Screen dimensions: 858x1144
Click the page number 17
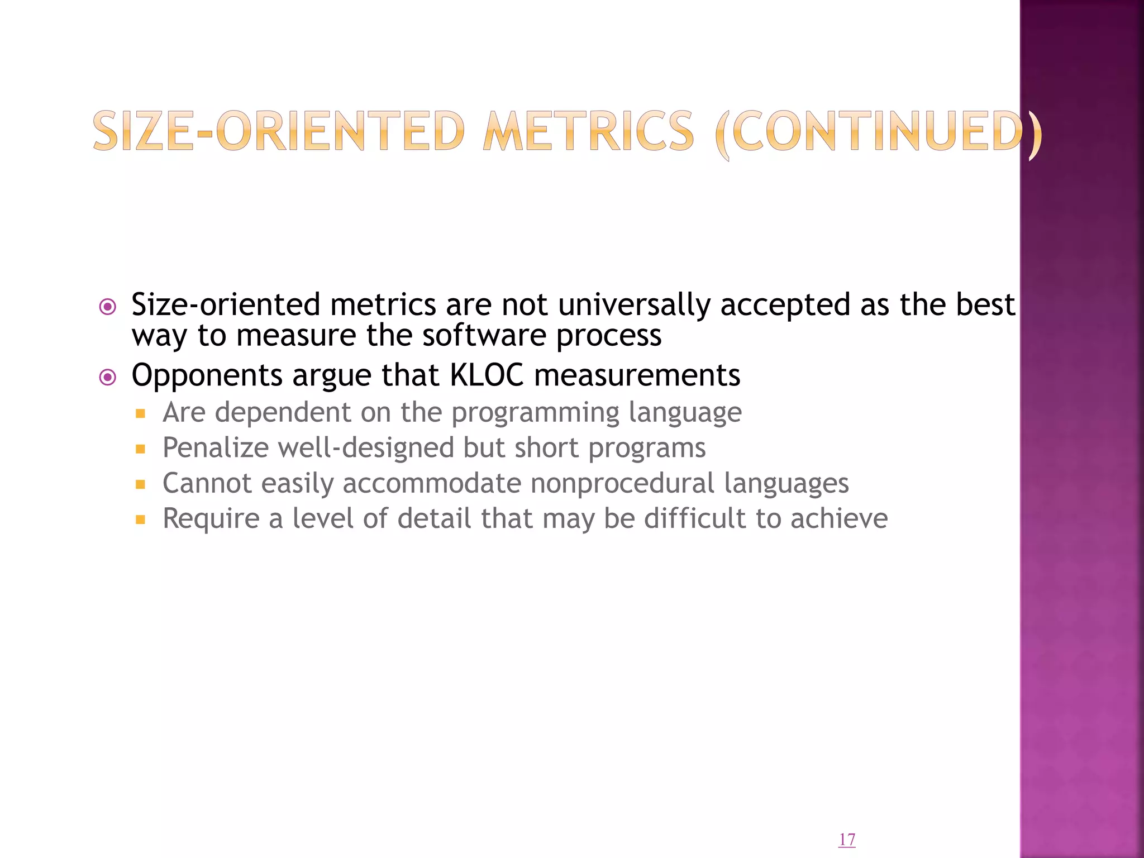[847, 840]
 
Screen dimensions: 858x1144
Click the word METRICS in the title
[589, 132]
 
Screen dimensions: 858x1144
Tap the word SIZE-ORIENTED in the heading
[279, 132]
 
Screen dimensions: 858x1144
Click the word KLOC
[487, 375]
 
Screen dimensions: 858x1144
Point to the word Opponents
[207, 376]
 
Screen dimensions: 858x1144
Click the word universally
[634, 305]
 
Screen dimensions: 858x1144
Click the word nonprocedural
[622, 483]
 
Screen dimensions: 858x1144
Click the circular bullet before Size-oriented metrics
[107, 307]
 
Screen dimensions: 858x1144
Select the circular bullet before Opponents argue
[107, 378]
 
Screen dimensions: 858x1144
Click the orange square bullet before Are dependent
[140, 414]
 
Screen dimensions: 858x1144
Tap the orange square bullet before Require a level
[140, 520]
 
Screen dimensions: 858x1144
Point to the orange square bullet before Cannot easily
[140, 484]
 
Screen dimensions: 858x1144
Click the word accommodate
[432, 483]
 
